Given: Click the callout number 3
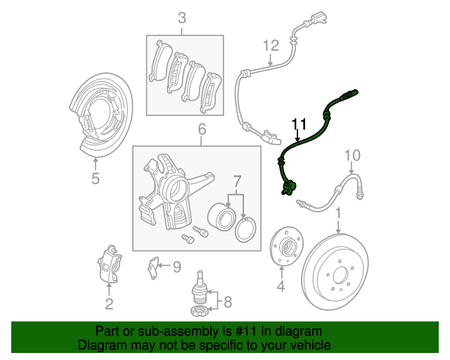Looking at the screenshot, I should [182, 18].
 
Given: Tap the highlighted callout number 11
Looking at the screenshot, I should [299, 125].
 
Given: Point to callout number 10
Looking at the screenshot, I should [352, 155].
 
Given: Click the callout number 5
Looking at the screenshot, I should [96, 179].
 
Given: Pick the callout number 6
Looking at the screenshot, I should [202, 129].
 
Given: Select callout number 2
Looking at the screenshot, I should [109, 304].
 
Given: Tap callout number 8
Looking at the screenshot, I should [226, 304].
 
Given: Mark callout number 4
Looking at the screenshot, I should [281, 286].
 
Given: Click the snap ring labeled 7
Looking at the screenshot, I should [245, 229].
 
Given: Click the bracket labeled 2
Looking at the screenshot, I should [108, 264].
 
